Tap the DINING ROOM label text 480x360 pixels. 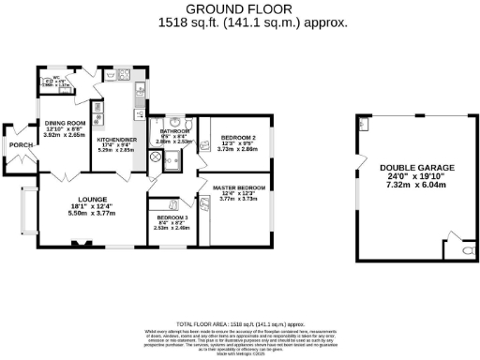[62, 124]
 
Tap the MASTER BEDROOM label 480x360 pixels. [232, 187]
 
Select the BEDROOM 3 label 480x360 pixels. [172, 217]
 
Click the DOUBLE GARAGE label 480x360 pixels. [411, 169]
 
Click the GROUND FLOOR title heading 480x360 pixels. [241, 7]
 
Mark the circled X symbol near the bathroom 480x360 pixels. [156, 156]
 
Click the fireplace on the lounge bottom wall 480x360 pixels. [78, 246]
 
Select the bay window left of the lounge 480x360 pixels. [26, 212]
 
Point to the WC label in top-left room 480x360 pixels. [56, 79]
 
